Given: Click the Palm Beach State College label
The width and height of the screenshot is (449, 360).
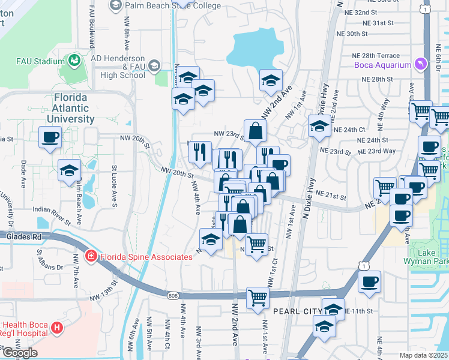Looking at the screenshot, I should [166, 5].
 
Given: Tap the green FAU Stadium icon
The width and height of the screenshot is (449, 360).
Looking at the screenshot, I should [74, 61].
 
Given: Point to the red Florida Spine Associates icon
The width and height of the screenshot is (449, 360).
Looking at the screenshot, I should [91, 256].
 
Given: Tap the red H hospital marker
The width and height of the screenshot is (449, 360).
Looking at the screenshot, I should [56, 328].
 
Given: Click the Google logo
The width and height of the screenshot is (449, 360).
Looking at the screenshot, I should [20, 353].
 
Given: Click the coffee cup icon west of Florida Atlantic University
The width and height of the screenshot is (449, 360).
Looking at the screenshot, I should [50, 137].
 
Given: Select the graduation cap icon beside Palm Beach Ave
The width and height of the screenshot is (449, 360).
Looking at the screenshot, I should [69, 171].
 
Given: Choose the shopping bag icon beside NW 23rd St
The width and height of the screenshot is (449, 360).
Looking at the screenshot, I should [255, 131].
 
